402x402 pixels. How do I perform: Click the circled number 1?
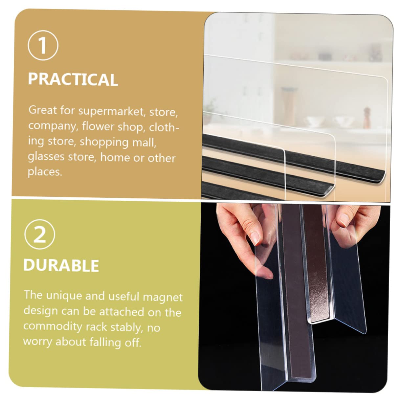(43, 45)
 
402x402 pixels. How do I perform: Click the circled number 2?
(40, 234)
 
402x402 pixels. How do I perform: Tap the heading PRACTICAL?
(73, 79)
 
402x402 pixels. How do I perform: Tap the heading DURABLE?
(61, 265)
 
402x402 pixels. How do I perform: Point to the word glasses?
(46, 156)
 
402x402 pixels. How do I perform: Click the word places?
(45, 171)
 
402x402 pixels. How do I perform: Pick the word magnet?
(163, 297)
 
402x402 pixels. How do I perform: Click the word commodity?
(53, 326)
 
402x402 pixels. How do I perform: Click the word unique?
(64, 296)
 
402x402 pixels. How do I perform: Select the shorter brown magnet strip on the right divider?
(317, 273)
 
